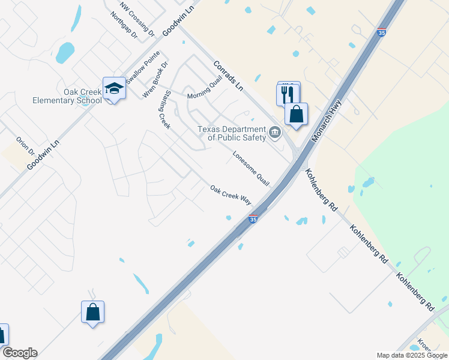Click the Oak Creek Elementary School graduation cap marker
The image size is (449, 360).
tap(114, 89)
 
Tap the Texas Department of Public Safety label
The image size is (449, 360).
tap(232, 133)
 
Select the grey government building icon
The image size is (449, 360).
tap(275, 133)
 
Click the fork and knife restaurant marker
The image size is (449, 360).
tap(288, 94)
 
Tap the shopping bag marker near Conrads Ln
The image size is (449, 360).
tap(296, 114)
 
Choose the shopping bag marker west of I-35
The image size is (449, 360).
tap(92, 312)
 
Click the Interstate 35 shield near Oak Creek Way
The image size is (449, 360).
tap(253, 220)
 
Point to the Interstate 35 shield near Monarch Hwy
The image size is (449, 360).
tap(382, 34)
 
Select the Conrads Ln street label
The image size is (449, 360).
tap(228, 76)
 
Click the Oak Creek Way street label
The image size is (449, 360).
tap(231, 196)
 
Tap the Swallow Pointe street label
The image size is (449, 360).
tap(143, 64)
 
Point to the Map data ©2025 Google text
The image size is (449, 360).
tap(412, 355)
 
